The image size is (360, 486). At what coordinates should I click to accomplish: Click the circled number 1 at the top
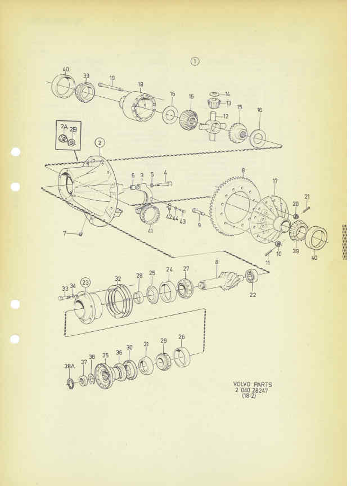[195, 61]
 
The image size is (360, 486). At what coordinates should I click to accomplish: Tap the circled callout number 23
[85, 283]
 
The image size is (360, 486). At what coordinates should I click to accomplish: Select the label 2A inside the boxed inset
[64, 127]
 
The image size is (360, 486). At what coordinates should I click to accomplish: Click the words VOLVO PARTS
[253, 385]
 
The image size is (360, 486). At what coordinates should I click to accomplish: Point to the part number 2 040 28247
[251, 390]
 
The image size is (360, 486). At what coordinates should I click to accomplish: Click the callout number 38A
[69, 366]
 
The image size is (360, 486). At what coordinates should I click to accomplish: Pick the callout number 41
[151, 231]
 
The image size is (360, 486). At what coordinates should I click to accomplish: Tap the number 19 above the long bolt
[112, 78]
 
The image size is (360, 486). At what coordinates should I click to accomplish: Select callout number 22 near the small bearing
[253, 295]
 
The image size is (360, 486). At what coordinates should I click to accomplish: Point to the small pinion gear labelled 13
[214, 102]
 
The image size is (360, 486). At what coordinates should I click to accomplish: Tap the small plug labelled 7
[80, 233]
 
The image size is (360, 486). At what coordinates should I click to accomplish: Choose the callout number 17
[276, 181]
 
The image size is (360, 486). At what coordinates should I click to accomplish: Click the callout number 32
[118, 278]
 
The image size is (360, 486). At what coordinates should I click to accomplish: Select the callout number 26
[182, 337]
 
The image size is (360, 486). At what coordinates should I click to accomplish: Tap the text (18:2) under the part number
[249, 396]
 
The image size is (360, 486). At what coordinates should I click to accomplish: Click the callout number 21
[307, 196]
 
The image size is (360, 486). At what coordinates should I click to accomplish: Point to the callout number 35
[105, 355]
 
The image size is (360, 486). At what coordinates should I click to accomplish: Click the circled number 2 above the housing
[100, 143]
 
